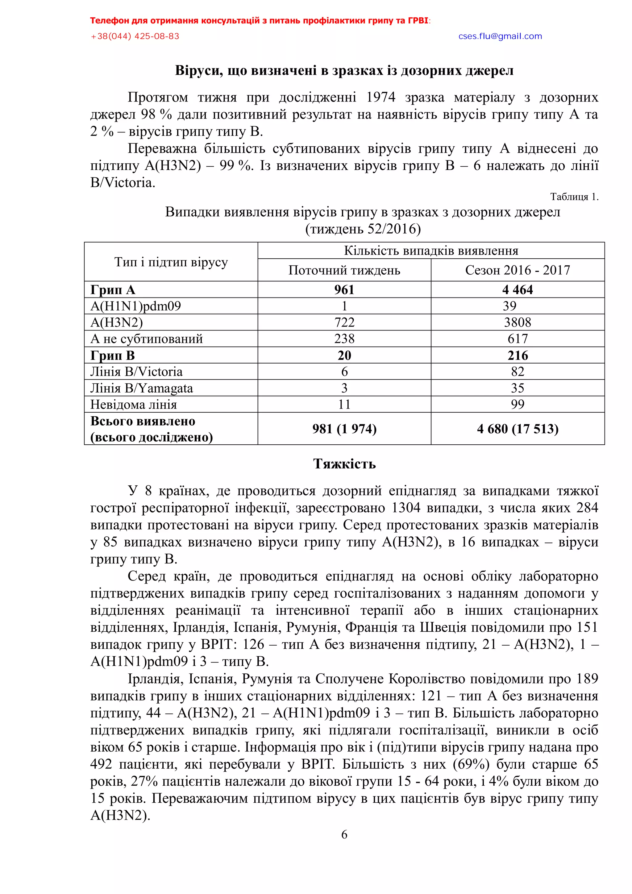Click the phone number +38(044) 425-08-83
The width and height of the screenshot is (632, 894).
pos(135,36)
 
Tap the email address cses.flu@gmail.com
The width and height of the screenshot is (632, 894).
pos(500,36)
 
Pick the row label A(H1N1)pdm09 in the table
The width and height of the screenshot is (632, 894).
pos(135,306)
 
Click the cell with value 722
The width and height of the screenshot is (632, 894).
pos(344,322)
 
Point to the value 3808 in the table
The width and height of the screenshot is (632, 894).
pos(517,322)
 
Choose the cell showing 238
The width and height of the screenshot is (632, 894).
pos(344,339)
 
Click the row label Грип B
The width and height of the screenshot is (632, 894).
pos(113,356)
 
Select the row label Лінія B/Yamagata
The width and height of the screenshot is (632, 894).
pos(141,388)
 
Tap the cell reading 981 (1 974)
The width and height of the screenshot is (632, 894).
pos(344,429)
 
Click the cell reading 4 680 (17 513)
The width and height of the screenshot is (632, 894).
pos(517,429)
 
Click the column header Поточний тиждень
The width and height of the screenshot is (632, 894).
pos(344,270)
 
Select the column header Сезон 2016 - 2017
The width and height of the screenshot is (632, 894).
pos(517,270)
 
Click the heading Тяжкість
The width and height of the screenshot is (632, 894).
pos(344,464)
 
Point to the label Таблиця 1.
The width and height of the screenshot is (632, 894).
pos(574,197)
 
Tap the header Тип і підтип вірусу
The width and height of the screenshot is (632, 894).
pos(171,262)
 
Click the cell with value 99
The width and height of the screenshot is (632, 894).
pos(517,405)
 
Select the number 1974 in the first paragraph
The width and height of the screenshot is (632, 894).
pos(380,97)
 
